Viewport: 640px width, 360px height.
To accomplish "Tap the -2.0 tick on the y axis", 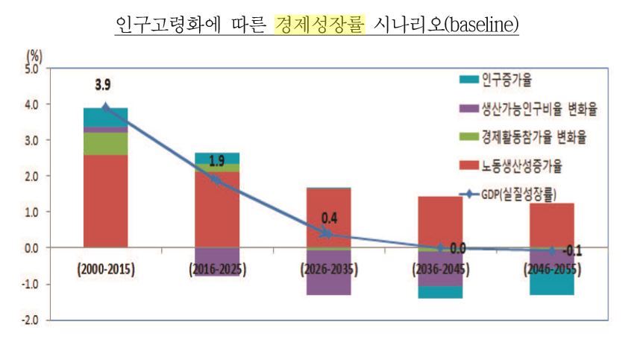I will pos(34,320).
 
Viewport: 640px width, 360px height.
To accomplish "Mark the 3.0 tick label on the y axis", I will pos(36,140).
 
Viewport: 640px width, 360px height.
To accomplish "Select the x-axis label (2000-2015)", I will pos(105,270).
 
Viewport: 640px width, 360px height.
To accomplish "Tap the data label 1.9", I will pos(216,161).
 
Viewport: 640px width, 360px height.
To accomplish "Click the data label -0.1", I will pos(571,251).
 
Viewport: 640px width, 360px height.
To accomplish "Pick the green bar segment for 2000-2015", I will pos(105,143).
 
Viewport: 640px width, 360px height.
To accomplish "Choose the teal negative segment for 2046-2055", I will pos(552,284).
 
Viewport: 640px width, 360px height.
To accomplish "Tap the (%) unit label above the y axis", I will pos(34,56).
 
